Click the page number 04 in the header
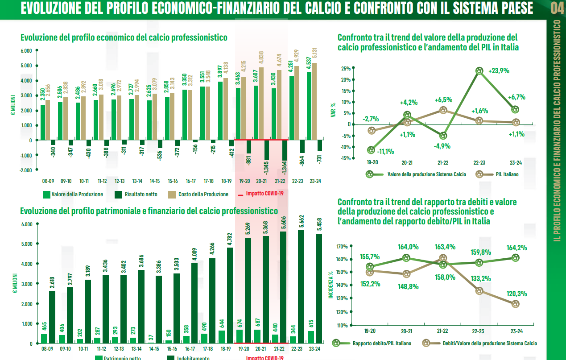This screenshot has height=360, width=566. coord(557,8)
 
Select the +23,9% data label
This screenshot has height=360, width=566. coord(499,70)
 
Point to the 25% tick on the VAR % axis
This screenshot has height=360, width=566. coord(345,69)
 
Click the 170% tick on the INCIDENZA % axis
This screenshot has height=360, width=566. coord(342,246)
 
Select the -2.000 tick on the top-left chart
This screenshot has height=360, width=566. coord(26,170)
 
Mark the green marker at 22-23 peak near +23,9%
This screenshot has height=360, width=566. coord(479,71)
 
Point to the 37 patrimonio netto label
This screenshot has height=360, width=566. coord(152,337)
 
